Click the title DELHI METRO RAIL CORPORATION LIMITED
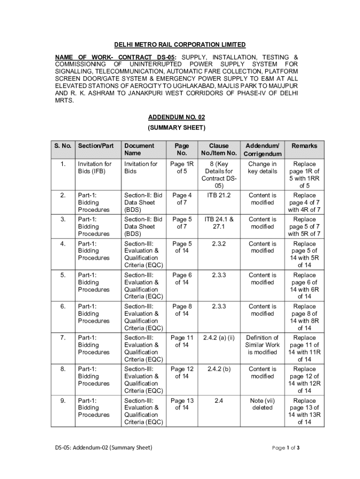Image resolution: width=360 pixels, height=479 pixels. pos(180,44)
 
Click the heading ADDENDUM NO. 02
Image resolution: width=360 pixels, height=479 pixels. pos(176,117)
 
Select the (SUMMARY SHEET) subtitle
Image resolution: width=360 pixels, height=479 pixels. pos(176,127)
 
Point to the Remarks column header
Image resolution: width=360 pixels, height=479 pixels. pos(304,146)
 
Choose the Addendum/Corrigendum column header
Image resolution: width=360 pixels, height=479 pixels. pos(262,150)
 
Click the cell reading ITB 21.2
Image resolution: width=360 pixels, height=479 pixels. pos(219,196)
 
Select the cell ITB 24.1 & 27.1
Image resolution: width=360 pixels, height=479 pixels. pos(219,223)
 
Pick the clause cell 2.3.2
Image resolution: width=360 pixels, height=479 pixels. pos(219,244)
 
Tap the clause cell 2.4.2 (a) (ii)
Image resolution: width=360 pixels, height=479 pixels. pos(219,338)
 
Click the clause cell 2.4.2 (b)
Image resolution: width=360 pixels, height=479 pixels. pos(219,369)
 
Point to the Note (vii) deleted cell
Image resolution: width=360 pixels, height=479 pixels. pos(262,404)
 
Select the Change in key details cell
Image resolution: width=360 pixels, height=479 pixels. pos(262,168)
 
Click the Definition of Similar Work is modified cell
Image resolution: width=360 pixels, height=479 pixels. pos(262,345)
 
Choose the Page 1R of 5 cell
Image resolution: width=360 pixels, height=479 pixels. pos(182,168)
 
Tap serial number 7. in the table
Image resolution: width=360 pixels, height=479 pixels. pos(63,338)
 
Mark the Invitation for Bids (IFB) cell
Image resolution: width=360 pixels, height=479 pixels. pos(94,168)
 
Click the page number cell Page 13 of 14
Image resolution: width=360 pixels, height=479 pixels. pos(182,404)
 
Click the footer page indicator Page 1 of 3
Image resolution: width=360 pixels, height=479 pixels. pos(286,448)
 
